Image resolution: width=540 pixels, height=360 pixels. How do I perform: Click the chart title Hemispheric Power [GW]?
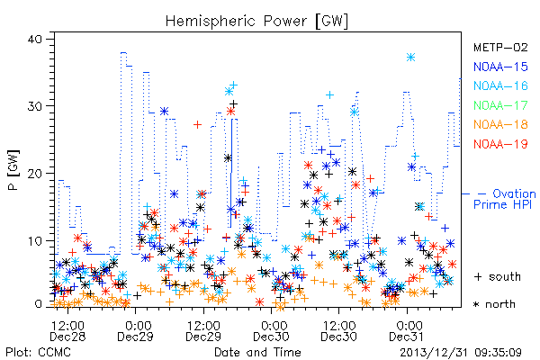coord(256,21)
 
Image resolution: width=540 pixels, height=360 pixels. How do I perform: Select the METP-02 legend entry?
coord(500,47)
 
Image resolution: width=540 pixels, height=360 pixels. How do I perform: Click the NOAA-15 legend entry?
coord(500,67)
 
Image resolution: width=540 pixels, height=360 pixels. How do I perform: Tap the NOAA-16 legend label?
coord(500,85)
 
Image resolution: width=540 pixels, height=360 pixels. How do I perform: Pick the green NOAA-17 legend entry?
coord(500,105)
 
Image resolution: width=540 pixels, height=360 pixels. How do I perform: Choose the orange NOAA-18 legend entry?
coord(500,124)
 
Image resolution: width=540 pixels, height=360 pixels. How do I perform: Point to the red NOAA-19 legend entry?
coord(500,144)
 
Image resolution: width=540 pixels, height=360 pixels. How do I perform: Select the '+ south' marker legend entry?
coord(498,276)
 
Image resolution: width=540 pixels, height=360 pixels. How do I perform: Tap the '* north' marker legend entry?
coord(494,304)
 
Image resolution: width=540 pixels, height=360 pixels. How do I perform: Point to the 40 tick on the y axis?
coord(34,39)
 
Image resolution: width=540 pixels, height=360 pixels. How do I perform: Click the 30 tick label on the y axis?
coord(34,106)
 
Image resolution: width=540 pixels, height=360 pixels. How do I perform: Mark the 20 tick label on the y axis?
coord(34,174)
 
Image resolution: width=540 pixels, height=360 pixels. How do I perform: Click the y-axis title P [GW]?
coord(13,170)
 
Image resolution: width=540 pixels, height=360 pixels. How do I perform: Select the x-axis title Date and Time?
coord(257,352)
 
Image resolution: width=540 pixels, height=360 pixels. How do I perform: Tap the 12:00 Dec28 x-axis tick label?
coord(67,331)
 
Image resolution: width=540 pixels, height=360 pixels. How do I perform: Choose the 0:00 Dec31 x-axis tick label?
coord(407,331)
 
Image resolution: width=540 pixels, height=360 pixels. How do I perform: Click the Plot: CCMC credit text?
coord(38,352)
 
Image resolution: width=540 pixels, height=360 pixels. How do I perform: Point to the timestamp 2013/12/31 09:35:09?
coord(461,353)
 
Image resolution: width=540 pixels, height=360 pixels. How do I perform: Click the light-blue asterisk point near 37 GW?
coord(410,58)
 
